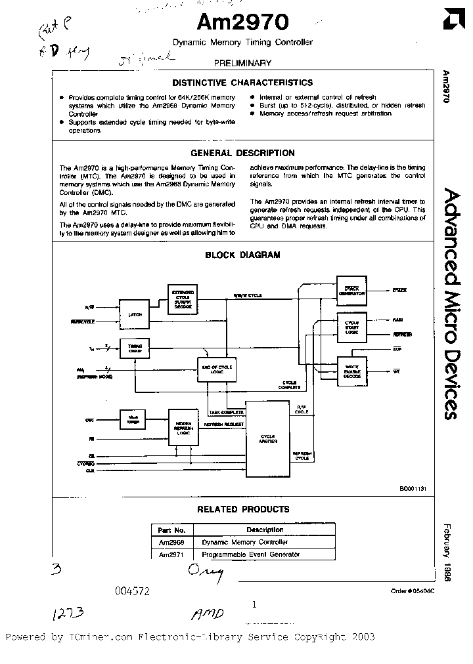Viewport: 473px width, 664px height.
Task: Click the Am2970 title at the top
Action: pyautogui.click(x=242, y=24)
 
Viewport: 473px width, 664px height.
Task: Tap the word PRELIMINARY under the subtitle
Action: pyautogui.click(x=242, y=63)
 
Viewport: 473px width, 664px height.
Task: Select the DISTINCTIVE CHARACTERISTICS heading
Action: pyautogui.click(x=242, y=83)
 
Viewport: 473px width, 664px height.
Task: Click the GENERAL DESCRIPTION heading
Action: pyautogui.click(x=242, y=153)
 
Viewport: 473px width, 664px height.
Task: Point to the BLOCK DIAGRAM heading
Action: pyautogui.click(x=242, y=255)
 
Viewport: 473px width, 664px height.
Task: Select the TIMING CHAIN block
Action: pyautogui.click(x=135, y=348)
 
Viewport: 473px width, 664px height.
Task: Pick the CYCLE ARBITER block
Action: pyautogui.click(x=269, y=438)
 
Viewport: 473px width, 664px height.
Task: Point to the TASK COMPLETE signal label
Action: pyautogui.click(x=227, y=412)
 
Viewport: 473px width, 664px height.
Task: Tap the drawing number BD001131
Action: pyautogui.click(x=413, y=488)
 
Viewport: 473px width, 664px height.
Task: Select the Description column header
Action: pyautogui.click(x=265, y=529)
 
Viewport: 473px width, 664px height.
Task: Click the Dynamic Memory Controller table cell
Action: pyautogui.click(x=244, y=542)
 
